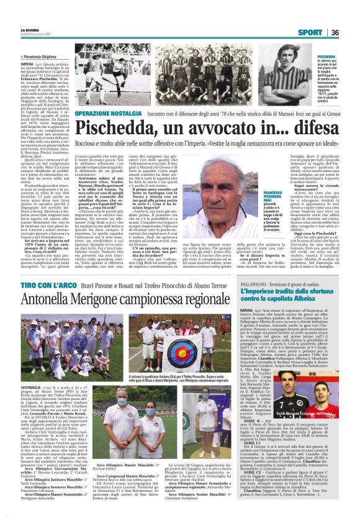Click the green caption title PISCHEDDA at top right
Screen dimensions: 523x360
(326, 56)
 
